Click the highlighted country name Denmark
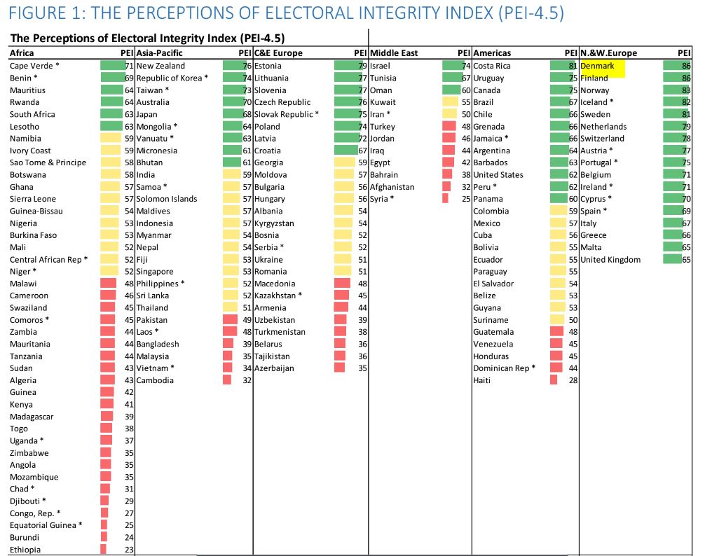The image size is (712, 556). [598, 66]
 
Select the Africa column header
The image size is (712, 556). [22, 53]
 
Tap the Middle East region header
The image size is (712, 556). [394, 53]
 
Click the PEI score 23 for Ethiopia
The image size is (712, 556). [128, 550]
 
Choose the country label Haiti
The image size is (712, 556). [483, 380]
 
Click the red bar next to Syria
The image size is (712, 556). [445, 199]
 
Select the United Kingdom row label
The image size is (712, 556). [610, 260]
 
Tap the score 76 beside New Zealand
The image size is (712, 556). [247, 66]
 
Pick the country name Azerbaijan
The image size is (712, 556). [274, 368]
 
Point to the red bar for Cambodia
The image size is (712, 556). [227, 380]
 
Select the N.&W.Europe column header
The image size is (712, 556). [609, 53]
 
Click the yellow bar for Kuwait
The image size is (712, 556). [450, 102]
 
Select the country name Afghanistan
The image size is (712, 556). [392, 187]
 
